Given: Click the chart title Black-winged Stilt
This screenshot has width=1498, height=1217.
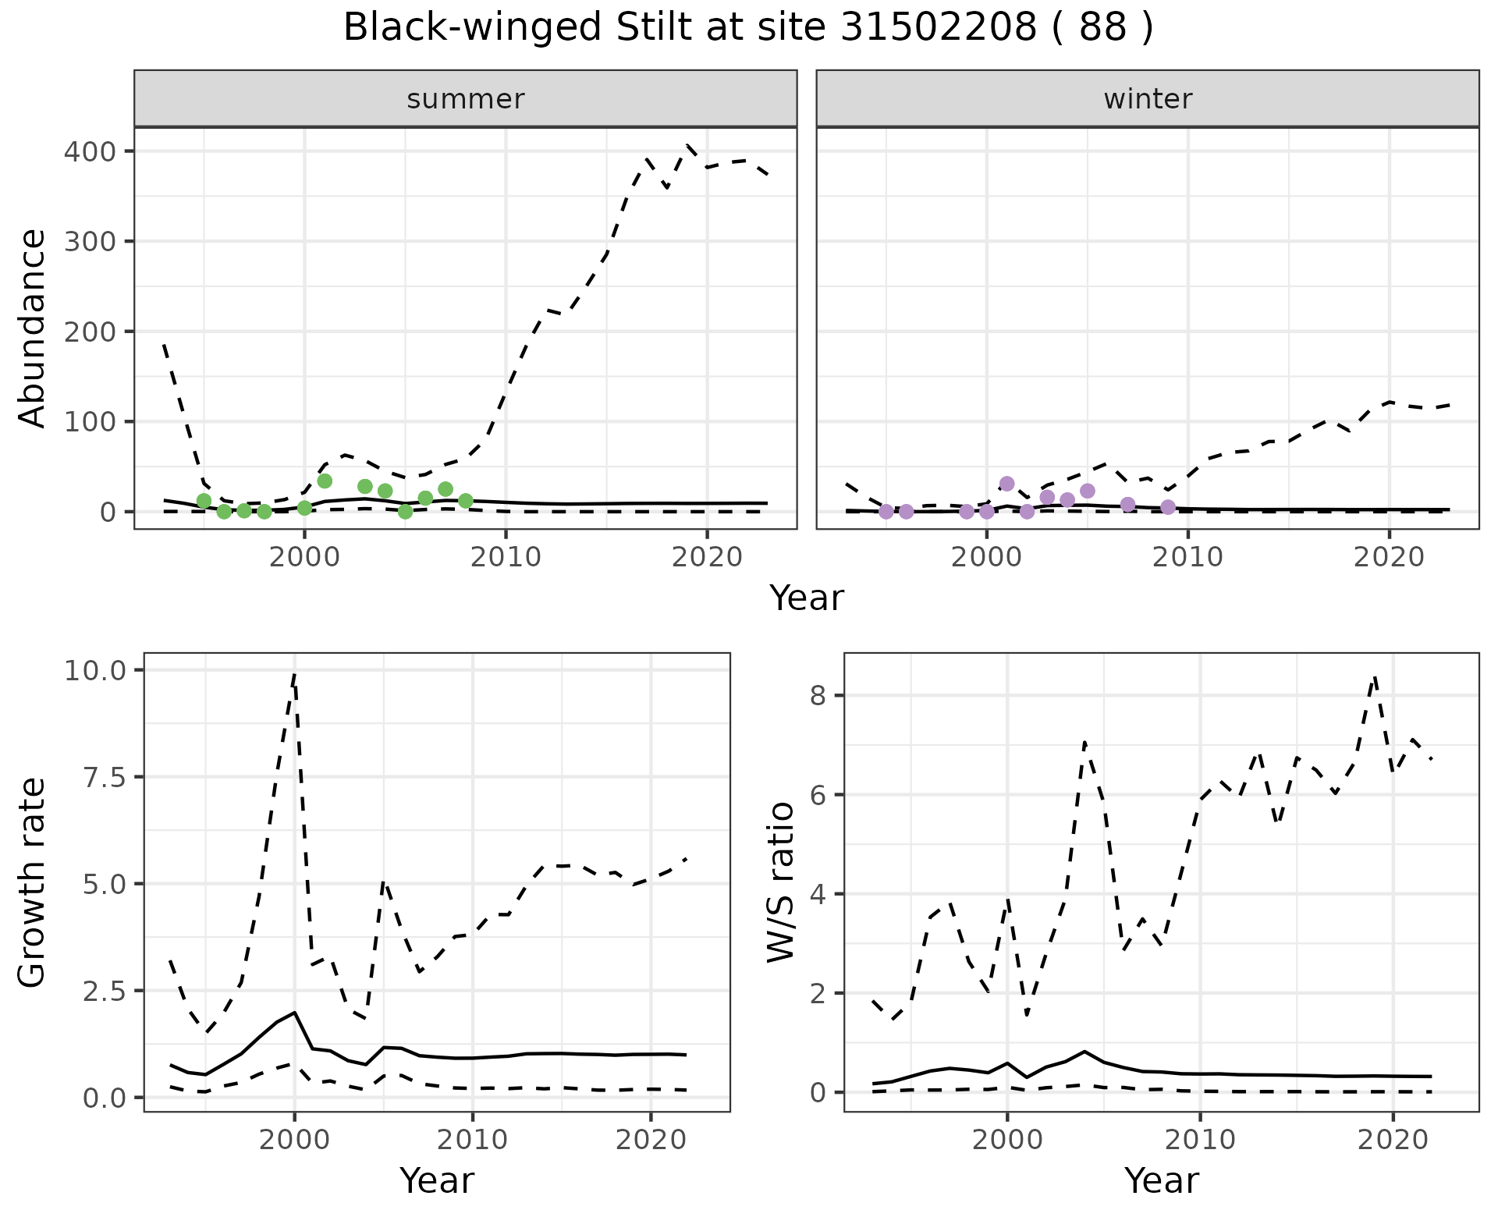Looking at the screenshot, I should (747, 28).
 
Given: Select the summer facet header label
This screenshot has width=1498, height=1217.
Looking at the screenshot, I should (466, 99).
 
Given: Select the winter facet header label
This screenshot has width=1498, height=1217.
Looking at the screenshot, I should (1148, 99).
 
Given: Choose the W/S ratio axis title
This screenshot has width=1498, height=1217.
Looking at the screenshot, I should (780, 882).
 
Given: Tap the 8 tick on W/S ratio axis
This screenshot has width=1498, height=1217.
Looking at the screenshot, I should (818, 695).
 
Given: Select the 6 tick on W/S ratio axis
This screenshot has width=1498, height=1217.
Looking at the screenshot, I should (818, 794).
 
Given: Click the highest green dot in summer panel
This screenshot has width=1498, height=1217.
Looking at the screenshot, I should (325, 481).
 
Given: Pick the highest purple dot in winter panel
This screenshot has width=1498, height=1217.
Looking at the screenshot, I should (1006, 484).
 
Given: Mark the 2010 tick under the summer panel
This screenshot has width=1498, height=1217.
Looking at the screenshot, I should (506, 557).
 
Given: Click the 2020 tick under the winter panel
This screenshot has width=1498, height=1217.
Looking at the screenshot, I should (1389, 557).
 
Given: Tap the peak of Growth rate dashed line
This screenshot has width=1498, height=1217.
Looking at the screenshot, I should (294, 674).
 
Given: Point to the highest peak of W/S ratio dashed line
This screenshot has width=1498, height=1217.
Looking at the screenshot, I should (1375, 677).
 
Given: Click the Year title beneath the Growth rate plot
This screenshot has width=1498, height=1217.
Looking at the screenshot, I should (436, 1181).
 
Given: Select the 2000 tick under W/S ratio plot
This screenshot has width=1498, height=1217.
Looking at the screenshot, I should (1006, 1140).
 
